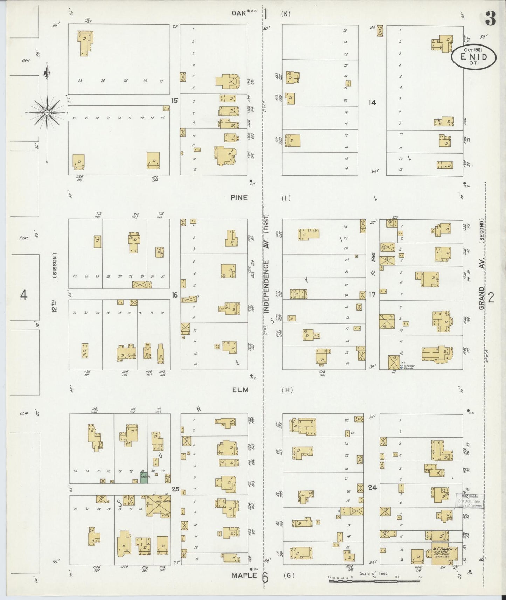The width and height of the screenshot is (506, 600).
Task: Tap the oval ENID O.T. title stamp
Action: coord(473,57)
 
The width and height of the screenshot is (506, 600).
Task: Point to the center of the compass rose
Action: coord(47,112)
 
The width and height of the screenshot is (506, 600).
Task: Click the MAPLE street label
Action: coord(244,575)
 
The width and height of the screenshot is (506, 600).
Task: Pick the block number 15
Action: coord(174,100)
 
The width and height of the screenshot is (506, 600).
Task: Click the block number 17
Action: coord(372,294)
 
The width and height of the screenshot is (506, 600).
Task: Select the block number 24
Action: coord(373,487)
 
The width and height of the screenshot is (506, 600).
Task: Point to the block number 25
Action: coord(175,489)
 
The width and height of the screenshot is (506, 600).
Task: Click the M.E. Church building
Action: coord(443,554)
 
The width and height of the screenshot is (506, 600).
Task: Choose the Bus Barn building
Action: coord(158,505)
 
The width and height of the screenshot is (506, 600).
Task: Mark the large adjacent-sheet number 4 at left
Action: coord(23,296)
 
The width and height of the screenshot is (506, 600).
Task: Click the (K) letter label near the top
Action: coord(286,14)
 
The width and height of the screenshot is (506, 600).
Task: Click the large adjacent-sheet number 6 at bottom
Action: coord(265,578)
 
